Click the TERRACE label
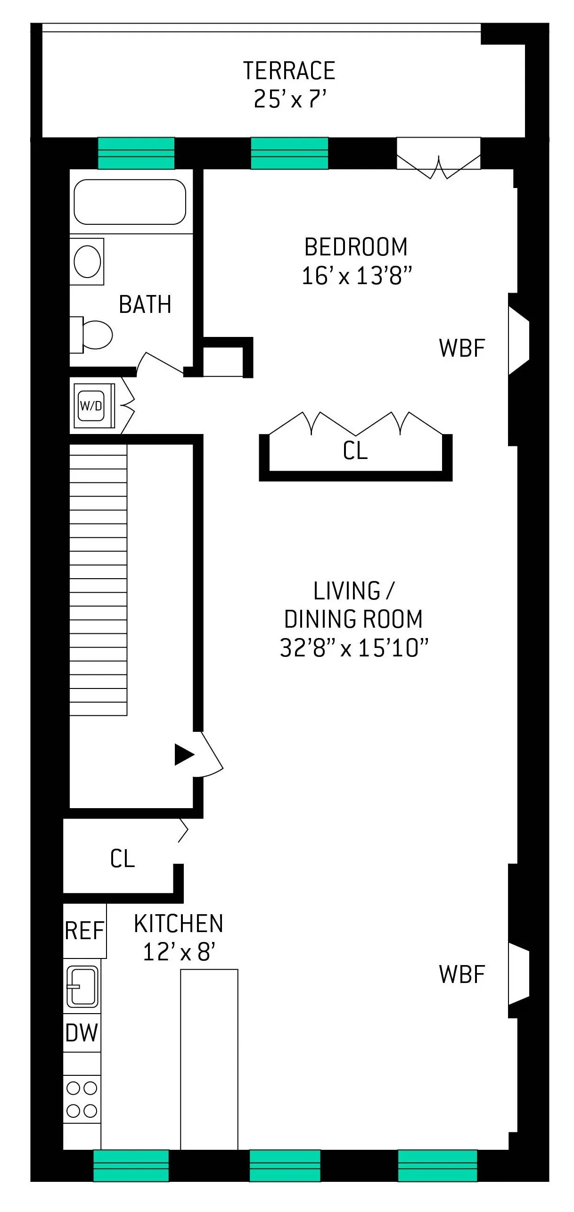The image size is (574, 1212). [x=289, y=71]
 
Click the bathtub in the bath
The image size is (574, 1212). [x=130, y=202]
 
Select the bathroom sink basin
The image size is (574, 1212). [x=88, y=262]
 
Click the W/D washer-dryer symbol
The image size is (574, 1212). [x=91, y=406]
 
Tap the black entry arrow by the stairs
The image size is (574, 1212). [x=184, y=754]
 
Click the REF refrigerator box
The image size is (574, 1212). [x=85, y=931]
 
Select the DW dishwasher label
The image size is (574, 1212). [x=82, y=1033]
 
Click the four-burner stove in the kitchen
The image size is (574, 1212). [x=82, y=1099]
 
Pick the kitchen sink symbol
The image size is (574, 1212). [x=82, y=986]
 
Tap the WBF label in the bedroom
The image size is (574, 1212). [x=461, y=348]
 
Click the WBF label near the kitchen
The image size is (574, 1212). [x=461, y=975]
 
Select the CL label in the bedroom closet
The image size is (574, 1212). [x=355, y=450]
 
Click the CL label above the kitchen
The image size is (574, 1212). [x=123, y=859]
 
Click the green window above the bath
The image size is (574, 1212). [x=136, y=153]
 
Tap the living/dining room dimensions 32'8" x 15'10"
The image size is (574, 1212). [x=354, y=648]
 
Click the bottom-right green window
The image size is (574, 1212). [x=437, y=1165]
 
